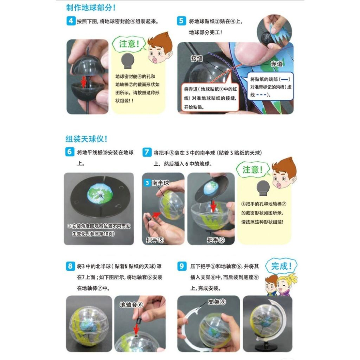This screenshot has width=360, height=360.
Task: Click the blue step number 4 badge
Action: (x=71, y=21)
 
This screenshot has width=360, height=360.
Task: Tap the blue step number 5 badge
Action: (x=181, y=21)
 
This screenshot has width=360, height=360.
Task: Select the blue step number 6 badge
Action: (x=70, y=152)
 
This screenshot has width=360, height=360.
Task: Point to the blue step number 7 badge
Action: (x=147, y=152)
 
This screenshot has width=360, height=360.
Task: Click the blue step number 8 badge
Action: (x=70, y=266)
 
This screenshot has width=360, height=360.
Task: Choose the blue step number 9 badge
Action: (x=181, y=266)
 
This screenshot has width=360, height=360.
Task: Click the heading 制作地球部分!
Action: (x=91, y=8)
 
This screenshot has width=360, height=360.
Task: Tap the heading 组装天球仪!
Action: (x=86, y=139)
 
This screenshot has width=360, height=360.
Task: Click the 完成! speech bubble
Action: (x=281, y=266)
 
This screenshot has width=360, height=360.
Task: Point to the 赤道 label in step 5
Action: (x=276, y=64)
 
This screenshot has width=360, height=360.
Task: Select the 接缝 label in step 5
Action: (x=197, y=59)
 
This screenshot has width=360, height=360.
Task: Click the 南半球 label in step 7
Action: (x=160, y=183)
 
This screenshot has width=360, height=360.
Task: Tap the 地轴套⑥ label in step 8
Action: (x=131, y=305)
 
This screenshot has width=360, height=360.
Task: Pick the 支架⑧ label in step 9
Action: (x=217, y=302)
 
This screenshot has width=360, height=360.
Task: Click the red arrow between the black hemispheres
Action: (x=84, y=82)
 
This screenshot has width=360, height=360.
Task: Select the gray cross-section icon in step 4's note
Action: (x=128, y=61)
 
